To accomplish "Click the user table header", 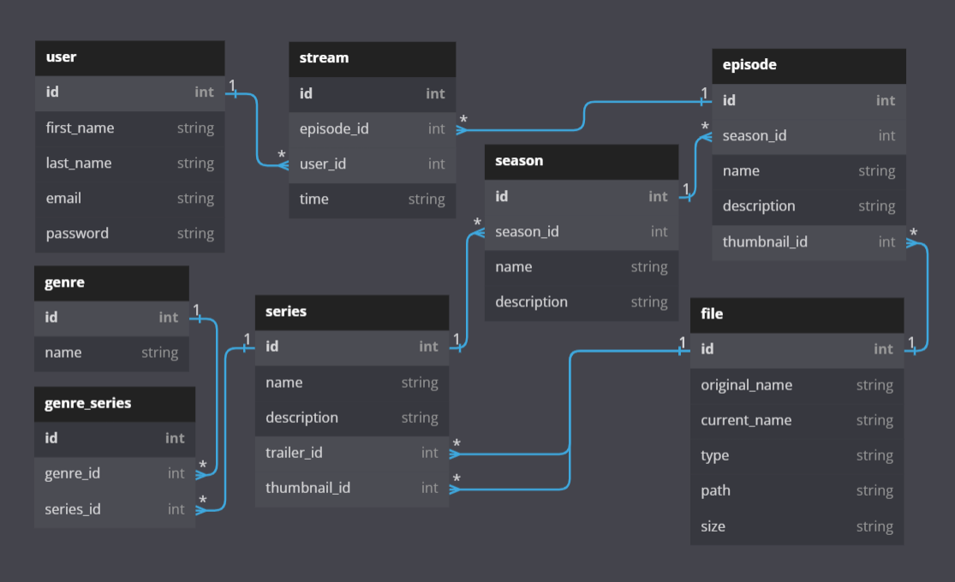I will [x=62, y=57].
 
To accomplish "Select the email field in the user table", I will [x=64, y=198].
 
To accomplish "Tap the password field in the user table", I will [x=77, y=233].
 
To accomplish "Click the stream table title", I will [x=325, y=58].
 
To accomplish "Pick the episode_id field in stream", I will [x=334, y=128].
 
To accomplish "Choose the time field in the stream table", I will [x=314, y=199].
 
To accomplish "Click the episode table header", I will [x=749, y=65].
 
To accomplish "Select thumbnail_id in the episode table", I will [x=765, y=241].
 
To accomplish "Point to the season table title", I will [x=519, y=161].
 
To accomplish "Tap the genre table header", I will [x=65, y=282].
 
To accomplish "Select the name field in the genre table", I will [x=63, y=352].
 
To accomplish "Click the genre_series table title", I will [x=88, y=403].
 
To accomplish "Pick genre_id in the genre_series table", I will [x=73, y=473].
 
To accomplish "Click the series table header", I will [x=286, y=312].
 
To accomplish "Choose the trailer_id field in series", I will [x=294, y=453].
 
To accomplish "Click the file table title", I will [x=712, y=314].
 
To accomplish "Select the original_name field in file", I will [x=746, y=385].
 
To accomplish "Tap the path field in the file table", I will [x=715, y=490].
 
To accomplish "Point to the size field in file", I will [x=713, y=526].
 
